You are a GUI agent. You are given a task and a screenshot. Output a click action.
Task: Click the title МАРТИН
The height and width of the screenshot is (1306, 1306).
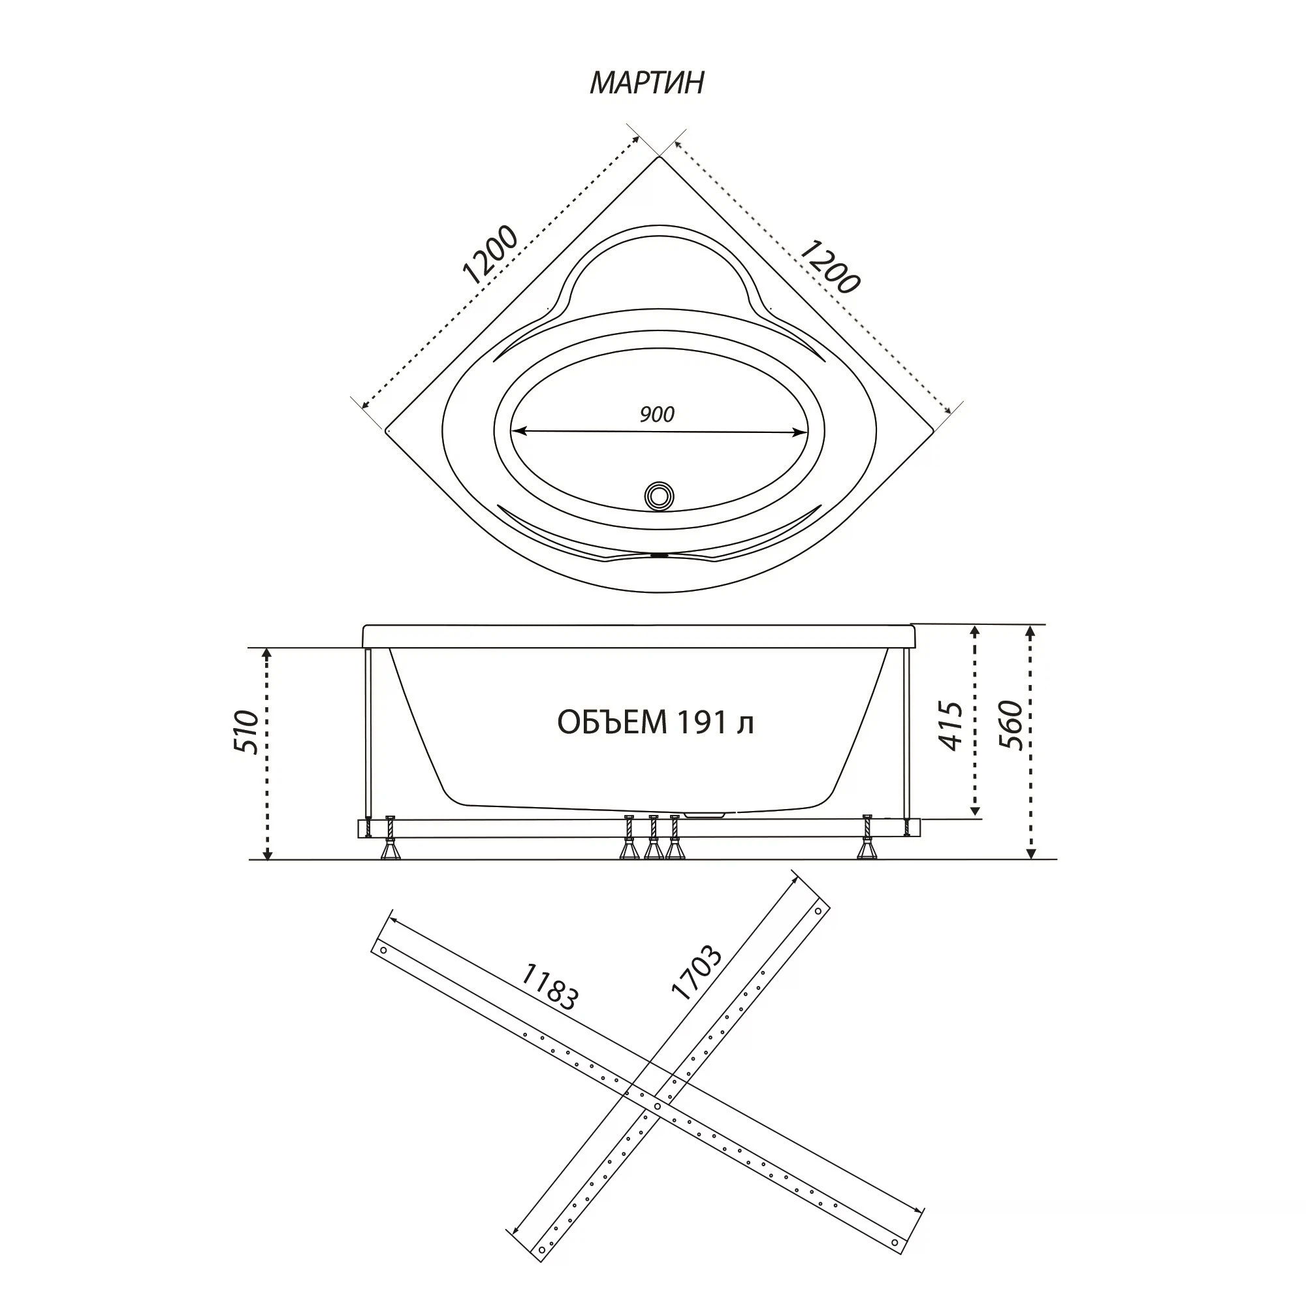click(647, 82)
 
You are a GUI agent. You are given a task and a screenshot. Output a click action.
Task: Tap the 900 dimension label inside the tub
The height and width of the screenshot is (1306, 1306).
click(657, 414)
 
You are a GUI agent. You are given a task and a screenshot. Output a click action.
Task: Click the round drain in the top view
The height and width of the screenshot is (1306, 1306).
click(658, 496)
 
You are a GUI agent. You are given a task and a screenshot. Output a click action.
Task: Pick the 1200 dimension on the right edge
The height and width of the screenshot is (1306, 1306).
click(829, 267)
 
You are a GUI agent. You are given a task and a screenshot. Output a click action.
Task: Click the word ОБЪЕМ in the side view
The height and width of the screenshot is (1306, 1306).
click(602, 723)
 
